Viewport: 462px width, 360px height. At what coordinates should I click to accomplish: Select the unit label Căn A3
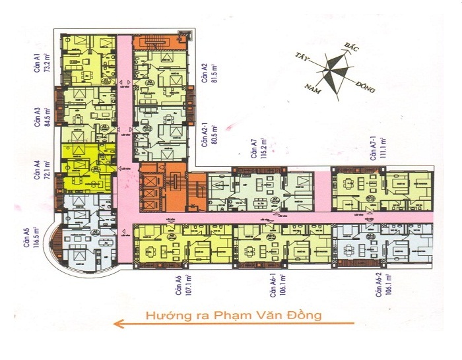point(38,116)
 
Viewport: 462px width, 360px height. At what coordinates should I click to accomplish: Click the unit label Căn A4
point(38,170)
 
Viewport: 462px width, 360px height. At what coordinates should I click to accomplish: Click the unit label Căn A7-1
point(373,146)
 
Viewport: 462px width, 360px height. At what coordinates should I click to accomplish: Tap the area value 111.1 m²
point(383,149)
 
